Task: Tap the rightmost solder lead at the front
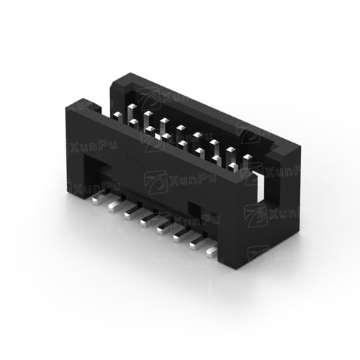pyautogui.click(x=212, y=252)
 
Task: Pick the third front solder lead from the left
pyautogui.click(x=132, y=212)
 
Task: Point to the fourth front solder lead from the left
pyautogui.click(x=149, y=219)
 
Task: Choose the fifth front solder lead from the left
pyautogui.click(x=165, y=227)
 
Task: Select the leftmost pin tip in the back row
pyautogui.click(x=132, y=107)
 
